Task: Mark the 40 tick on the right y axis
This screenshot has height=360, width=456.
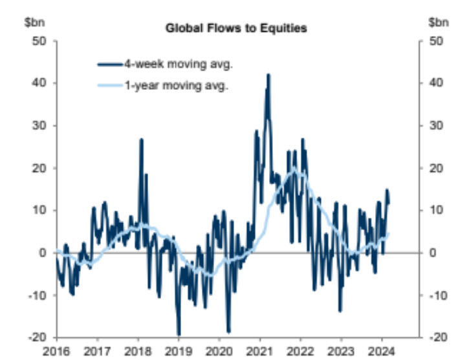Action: click(x=435, y=83)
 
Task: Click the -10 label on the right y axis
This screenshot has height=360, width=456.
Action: click(x=436, y=295)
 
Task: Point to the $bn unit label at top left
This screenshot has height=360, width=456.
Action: click(x=33, y=22)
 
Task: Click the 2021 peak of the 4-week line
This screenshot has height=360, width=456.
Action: click(x=268, y=75)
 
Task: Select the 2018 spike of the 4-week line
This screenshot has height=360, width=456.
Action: click(x=141, y=139)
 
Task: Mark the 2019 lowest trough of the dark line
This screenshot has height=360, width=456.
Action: click(x=179, y=334)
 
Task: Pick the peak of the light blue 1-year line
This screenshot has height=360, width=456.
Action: click(x=294, y=169)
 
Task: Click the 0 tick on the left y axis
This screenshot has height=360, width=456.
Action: click(x=43, y=253)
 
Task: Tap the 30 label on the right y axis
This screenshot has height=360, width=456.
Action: click(x=435, y=125)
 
